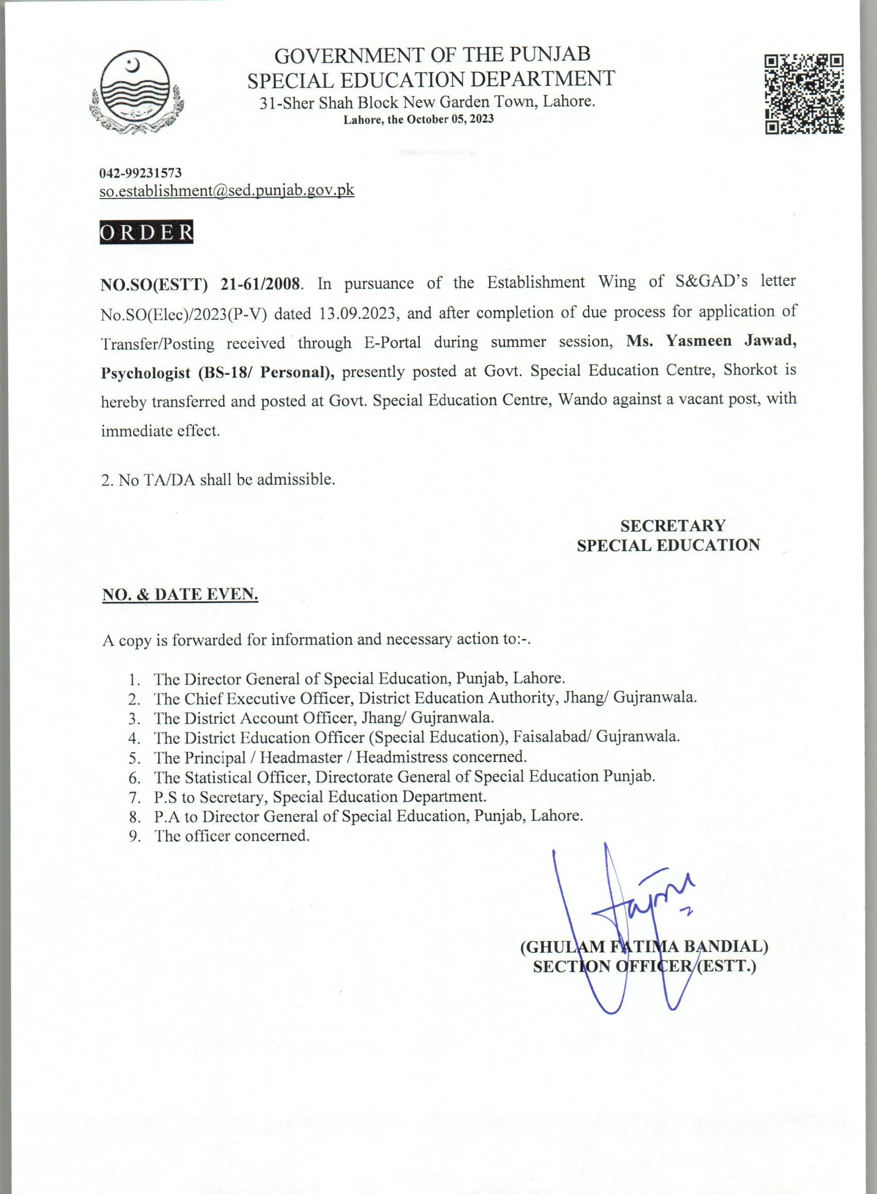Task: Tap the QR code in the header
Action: pyautogui.click(x=804, y=94)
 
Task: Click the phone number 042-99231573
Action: pyautogui.click(x=141, y=172)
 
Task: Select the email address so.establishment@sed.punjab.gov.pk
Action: pyautogui.click(x=226, y=190)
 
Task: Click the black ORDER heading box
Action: pyautogui.click(x=147, y=233)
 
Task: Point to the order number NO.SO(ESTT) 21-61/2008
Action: pyautogui.click(x=201, y=283)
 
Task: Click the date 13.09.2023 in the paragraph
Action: pyautogui.click(x=358, y=312)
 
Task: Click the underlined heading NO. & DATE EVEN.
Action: pyautogui.click(x=180, y=595)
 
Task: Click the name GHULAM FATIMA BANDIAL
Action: pyautogui.click(x=644, y=946)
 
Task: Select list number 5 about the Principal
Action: pyautogui.click(x=340, y=756)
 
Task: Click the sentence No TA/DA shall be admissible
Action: pyautogui.click(x=218, y=480)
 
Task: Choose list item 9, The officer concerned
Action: pyautogui.click(x=232, y=835)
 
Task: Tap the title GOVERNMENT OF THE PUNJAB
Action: pyautogui.click(x=432, y=55)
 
